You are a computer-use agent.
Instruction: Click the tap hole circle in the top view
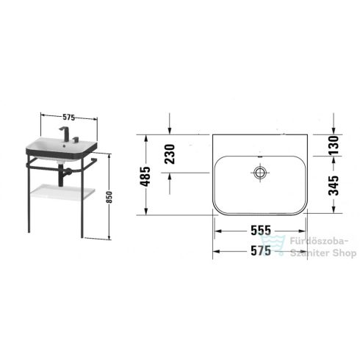259,173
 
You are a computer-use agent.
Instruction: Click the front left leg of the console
29,198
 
